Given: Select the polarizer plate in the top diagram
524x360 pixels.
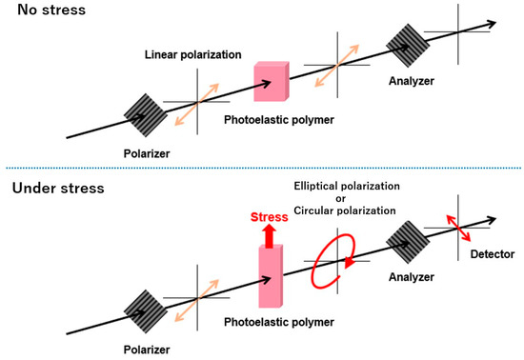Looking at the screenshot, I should click(x=142, y=110).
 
